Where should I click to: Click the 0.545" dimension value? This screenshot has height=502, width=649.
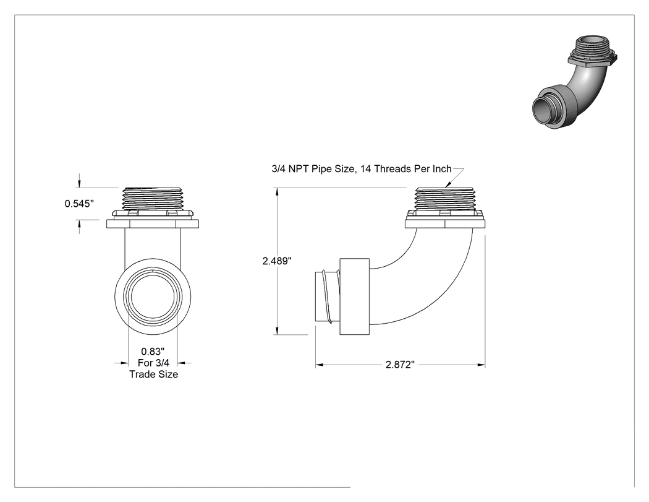(79, 204)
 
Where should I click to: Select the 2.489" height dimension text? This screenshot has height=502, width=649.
(277, 261)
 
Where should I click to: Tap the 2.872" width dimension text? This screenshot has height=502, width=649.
(400, 365)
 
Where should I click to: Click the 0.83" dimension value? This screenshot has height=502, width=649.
(153, 352)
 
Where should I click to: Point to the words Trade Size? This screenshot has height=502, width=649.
(153, 374)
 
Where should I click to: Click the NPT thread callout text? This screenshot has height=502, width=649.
(362, 169)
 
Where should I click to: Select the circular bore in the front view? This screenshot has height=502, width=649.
(153, 297)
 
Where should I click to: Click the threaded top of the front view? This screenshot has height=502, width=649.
(153, 199)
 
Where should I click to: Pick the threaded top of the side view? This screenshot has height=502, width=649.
(445, 199)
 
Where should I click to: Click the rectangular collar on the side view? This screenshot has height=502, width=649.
(354, 296)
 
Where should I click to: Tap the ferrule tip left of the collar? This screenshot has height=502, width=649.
(328, 296)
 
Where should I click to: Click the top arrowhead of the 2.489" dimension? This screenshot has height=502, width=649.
(277, 192)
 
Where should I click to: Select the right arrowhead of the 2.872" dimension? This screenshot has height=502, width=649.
(481, 365)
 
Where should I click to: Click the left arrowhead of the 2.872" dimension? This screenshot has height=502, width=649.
(320, 365)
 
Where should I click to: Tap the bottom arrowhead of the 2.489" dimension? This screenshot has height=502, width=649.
(277, 331)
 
